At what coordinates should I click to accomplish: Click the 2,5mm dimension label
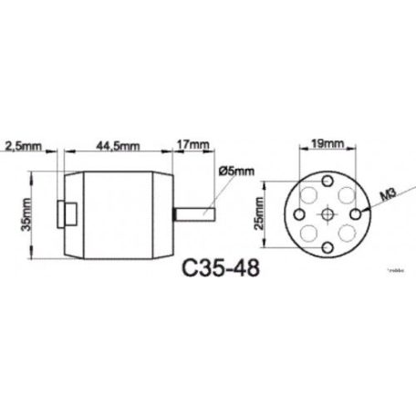(21, 145)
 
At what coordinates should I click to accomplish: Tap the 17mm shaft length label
(192, 143)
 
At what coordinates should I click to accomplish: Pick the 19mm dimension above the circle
(327, 144)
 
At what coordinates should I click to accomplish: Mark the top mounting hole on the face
(326, 177)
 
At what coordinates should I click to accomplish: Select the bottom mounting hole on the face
(326, 248)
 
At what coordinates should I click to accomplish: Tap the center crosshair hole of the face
(326, 213)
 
